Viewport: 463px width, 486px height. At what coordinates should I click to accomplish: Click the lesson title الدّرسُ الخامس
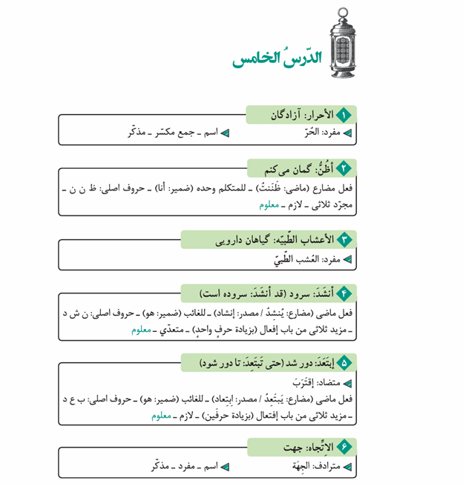[275, 58]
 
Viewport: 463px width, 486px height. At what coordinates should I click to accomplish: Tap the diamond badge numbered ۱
[344, 115]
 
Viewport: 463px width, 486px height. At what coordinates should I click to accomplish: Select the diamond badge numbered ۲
[344, 168]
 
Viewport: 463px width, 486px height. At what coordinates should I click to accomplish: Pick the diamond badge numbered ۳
[344, 239]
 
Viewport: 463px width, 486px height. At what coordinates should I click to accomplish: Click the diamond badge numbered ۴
[344, 293]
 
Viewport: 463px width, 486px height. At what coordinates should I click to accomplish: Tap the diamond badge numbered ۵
[344, 363]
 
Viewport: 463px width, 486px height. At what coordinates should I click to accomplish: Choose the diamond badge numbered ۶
[344, 447]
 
